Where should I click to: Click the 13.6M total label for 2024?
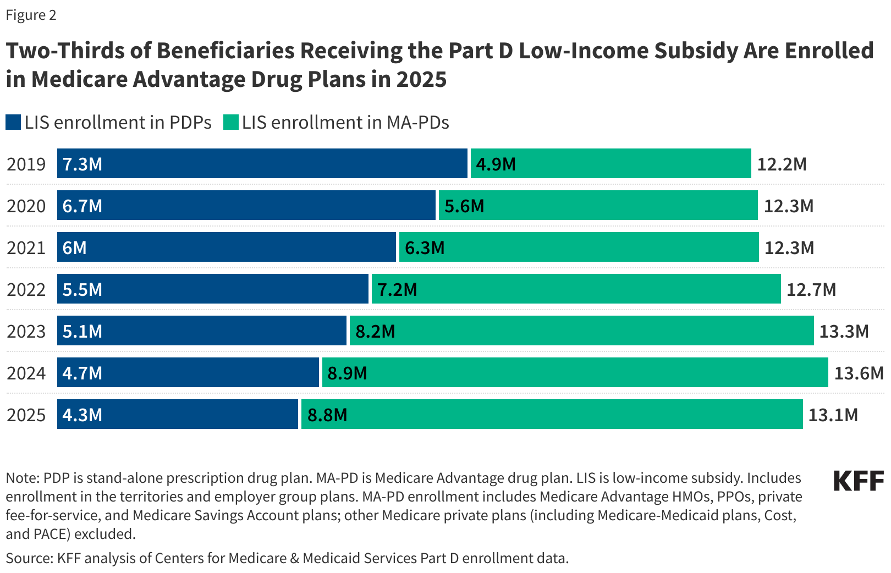click(x=859, y=373)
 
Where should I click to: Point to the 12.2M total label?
click(x=782, y=164)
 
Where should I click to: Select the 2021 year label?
click(x=26, y=248)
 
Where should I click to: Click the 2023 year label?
click(x=26, y=332)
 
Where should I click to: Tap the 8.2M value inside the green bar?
click(x=375, y=332)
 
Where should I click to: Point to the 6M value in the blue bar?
click(x=74, y=248)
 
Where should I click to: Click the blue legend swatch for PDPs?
click(x=13, y=122)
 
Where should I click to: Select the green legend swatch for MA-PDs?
click(x=231, y=122)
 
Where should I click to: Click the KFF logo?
click(x=858, y=481)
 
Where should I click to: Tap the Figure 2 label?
click(x=31, y=15)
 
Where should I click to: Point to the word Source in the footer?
click(x=28, y=558)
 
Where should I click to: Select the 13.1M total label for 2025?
click(x=833, y=415)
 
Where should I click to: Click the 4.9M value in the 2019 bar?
click(x=496, y=164)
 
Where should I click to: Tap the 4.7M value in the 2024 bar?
click(x=82, y=373)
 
